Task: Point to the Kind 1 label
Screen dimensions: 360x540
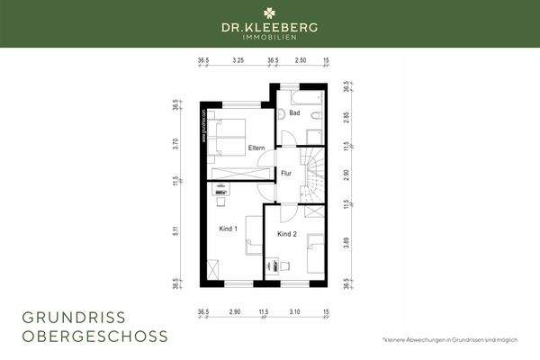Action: pyautogui.click(x=229, y=229)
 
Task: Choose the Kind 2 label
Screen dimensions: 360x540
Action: pyautogui.click(x=287, y=234)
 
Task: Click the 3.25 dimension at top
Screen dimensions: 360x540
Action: pyautogui.click(x=238, y=61)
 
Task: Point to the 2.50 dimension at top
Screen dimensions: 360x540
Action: pyautogui.click(x=300, y=61)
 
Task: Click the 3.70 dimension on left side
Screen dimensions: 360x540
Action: pyautogui.click(x=177, y=141)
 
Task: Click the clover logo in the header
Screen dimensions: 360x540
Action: pyautogui.click(x=270, y=13)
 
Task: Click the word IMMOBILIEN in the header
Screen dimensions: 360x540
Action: pyautogui.click(x=270, y=38)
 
